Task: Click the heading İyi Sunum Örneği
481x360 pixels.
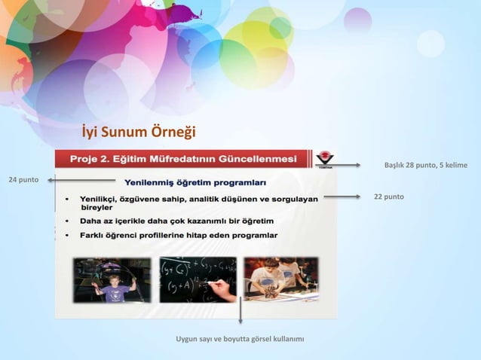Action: tap(139, 133)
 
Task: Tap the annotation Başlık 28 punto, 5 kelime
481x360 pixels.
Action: tap(425, 165)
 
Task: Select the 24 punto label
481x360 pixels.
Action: tap(23, 180)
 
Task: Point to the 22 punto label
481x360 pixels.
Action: tap(389, 197)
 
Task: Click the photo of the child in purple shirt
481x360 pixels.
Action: tap(112, 279)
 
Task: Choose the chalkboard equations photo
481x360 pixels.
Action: tap(198, 279)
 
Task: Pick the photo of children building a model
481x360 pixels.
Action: tap(280, 279)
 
